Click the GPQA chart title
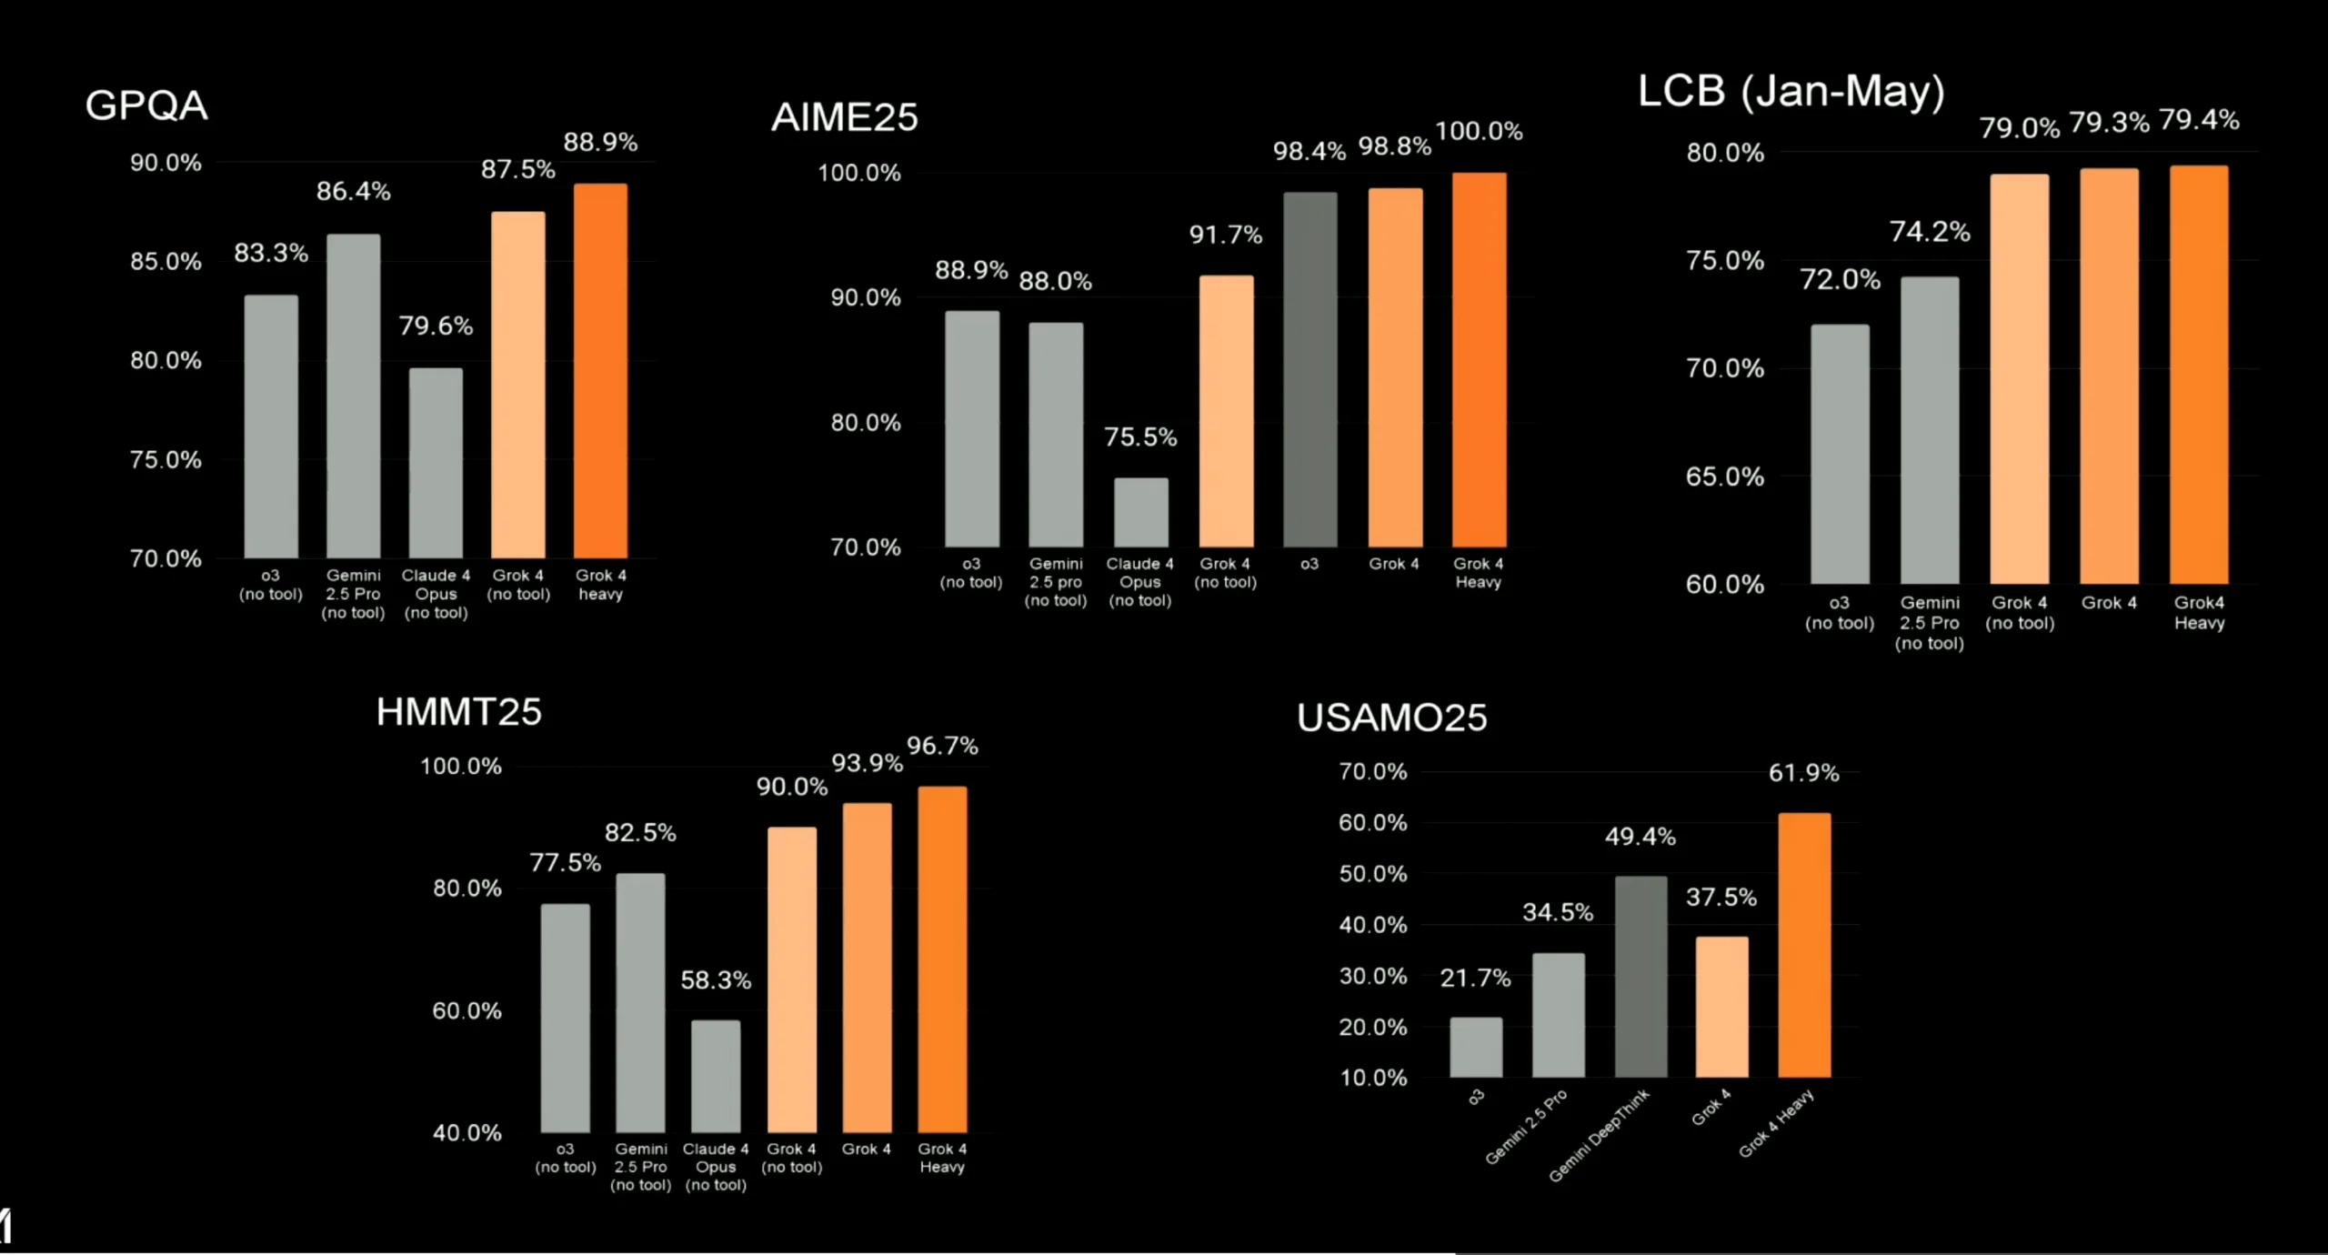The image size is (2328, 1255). point(146,105)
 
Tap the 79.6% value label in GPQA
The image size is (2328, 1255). point(436,326)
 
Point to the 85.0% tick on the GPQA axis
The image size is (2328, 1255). point(166,262)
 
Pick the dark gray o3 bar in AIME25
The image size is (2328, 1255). point(1309,369)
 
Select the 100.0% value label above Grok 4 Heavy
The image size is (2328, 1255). point(1479,131)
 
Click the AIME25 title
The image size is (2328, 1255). point(845,117)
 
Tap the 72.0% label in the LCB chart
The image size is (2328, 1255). point(1840,279)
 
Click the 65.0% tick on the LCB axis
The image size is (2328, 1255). point(1724,477)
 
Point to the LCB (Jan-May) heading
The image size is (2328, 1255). point(1791,91)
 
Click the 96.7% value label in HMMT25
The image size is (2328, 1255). point(942,747)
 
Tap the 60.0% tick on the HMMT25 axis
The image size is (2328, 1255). point(467,1010)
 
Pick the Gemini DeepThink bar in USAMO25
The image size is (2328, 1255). point(1641,977)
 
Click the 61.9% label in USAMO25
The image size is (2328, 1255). point(1803,773)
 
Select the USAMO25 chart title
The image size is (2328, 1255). point(1391,718)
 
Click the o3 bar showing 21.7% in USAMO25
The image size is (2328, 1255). point(1476,1047)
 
